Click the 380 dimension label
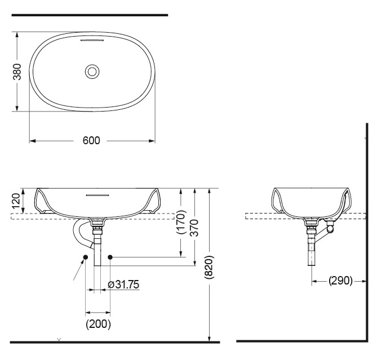point(17,72)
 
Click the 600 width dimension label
point(91,140)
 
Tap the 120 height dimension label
point(16,201)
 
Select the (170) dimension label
point(180,222)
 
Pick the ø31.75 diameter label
point(123,285)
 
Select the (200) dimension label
point(98,324)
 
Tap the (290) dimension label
point(340,280)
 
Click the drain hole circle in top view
point(92,72)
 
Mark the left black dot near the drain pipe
point(85,257)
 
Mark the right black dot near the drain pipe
point(110,257)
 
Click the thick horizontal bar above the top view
point(90,15)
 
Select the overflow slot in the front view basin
point(94,195)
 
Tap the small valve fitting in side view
point(330,229)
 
